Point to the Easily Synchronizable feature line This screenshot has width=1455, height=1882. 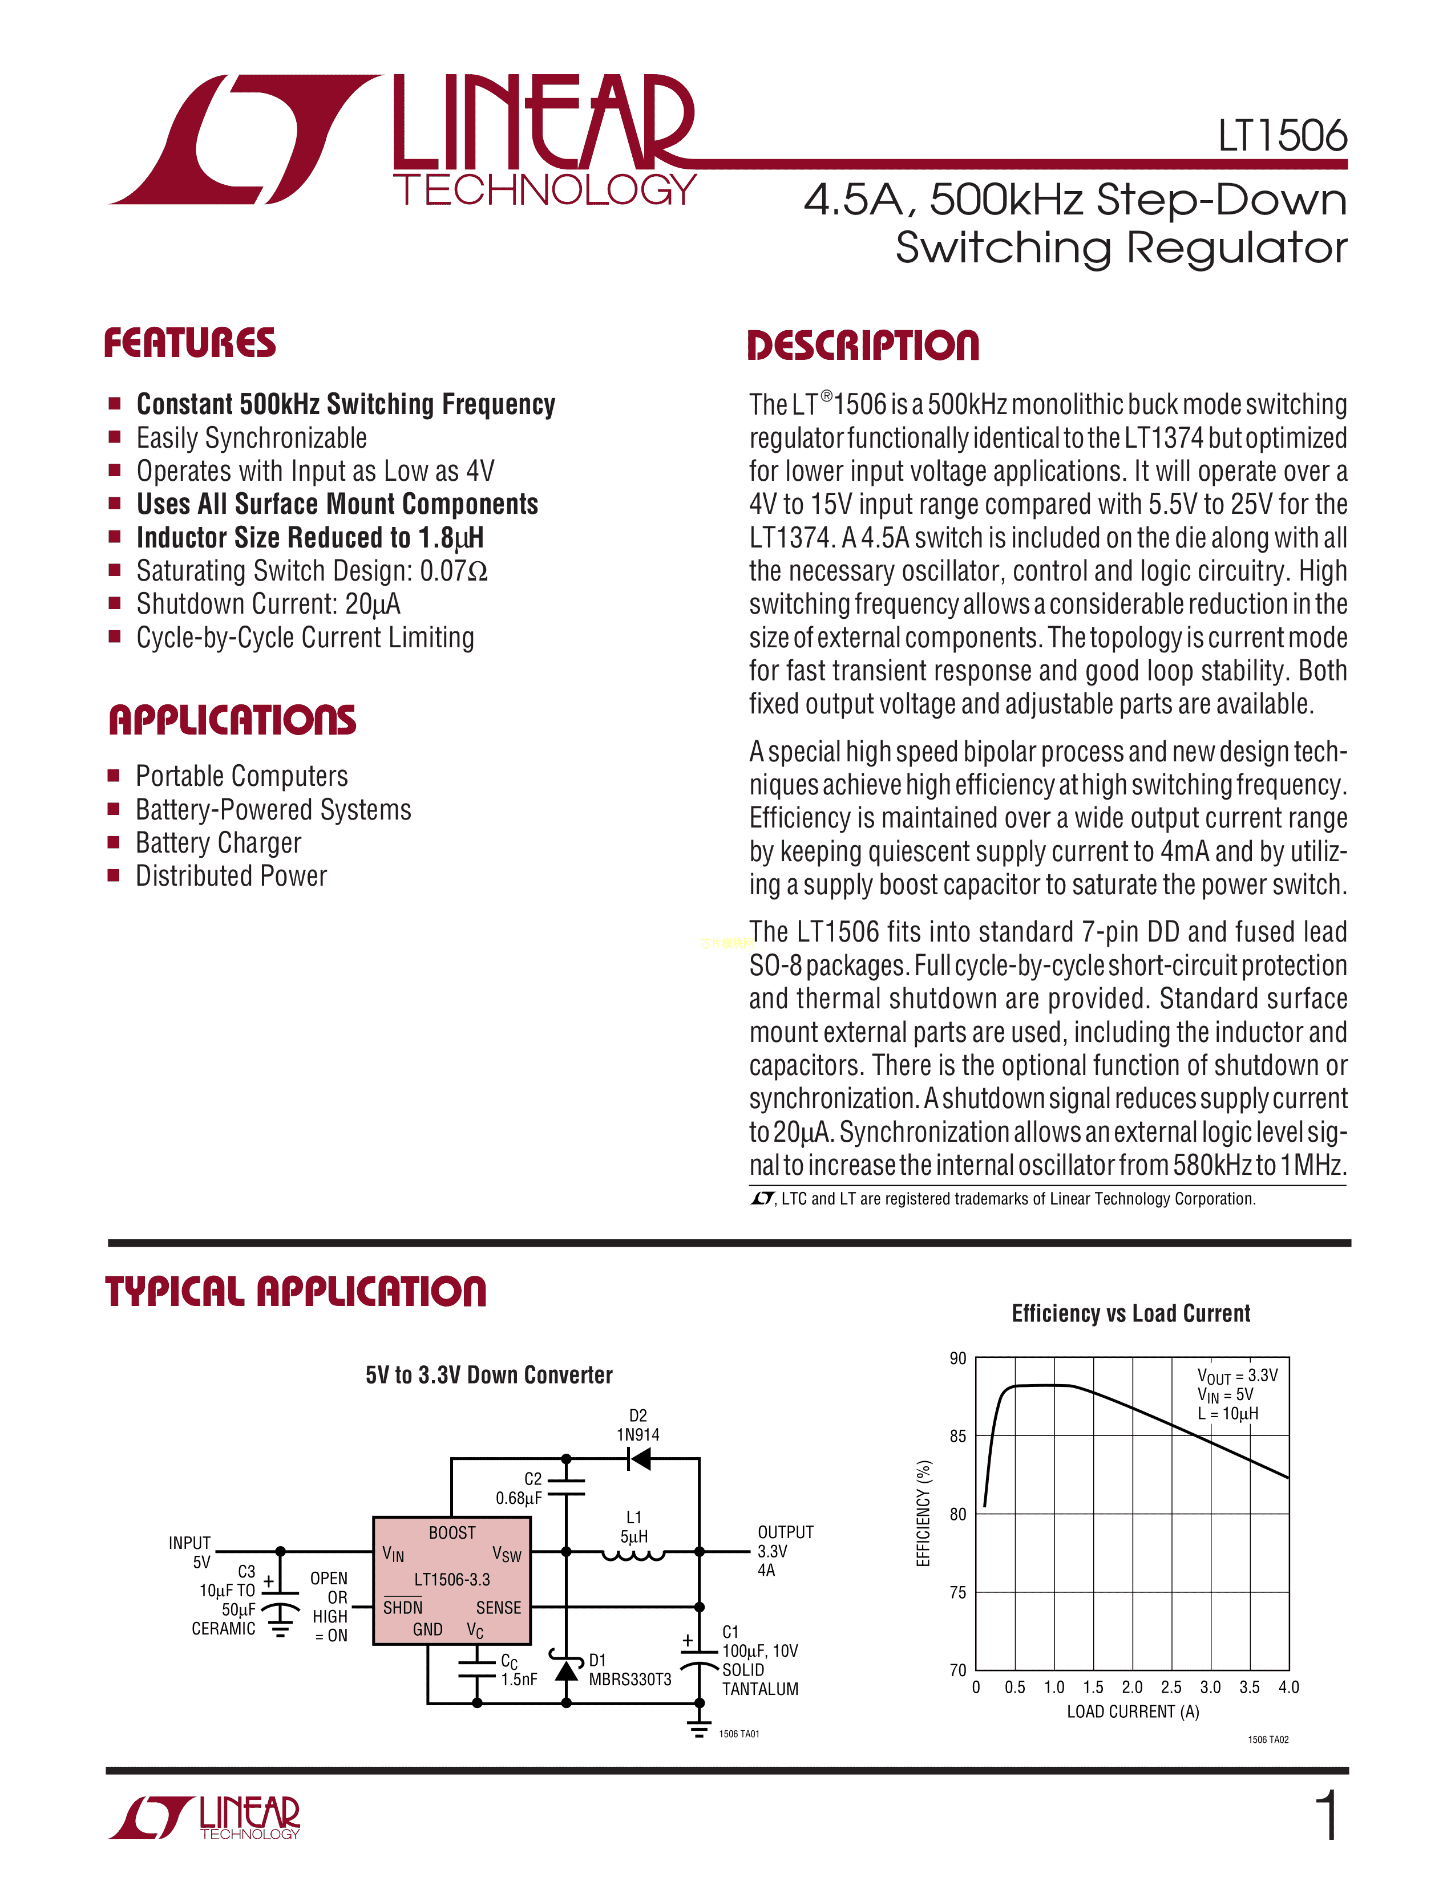tap(251, 438)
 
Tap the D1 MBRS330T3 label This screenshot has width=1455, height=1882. tap(629, 1670)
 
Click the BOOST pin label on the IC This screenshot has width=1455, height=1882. tap(452, 1532)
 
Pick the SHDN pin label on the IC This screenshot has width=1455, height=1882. tap(402, 1607)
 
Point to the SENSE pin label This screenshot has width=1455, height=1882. tap(498, 1607)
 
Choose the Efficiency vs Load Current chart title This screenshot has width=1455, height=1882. tap(1131, 1313)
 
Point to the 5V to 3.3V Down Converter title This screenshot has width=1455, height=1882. tap(489, 1374)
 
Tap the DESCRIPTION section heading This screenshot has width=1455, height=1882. tap(863, 346)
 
